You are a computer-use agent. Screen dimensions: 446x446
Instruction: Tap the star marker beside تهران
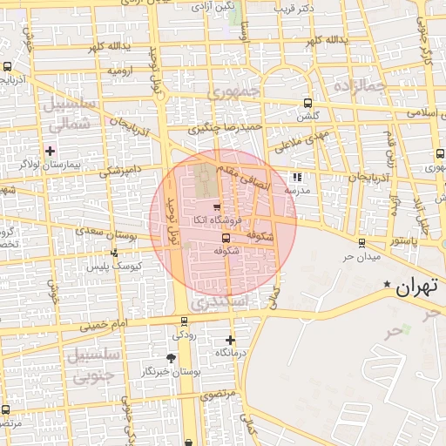[x=387, y=284]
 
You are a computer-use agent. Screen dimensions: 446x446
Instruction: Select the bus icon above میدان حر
[x=362, y=242]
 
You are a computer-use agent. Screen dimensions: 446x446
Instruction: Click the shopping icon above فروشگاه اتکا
[x=216, y=206]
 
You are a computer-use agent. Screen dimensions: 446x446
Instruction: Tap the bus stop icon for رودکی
[x=182, y=320]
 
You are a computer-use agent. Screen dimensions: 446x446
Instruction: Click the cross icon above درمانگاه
[x=230, y=340]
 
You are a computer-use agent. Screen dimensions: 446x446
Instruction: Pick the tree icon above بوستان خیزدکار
[x=171, y=358]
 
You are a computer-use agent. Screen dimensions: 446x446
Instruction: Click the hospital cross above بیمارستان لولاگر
[x=51, y=151]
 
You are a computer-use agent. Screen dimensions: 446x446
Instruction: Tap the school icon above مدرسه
[x=298, y=176]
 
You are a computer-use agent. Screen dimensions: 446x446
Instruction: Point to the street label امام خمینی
[x=104, y=326]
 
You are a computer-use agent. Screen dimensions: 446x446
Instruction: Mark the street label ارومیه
[x=118, y=70]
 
